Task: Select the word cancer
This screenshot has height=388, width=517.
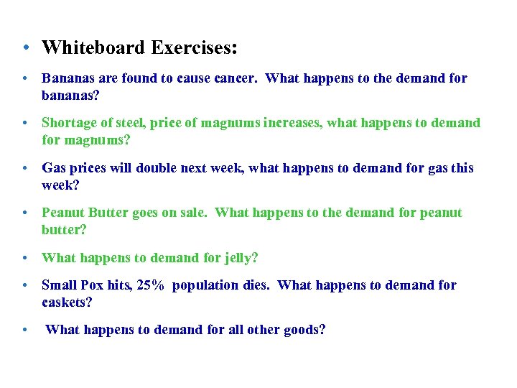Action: click(237, 78)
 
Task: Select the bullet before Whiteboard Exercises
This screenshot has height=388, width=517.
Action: click(24, 49)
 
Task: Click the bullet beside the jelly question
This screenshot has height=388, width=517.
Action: click(24, 258)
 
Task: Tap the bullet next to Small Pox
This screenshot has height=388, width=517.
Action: click(24, 286)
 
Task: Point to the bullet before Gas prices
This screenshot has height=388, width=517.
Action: click(24, 168)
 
